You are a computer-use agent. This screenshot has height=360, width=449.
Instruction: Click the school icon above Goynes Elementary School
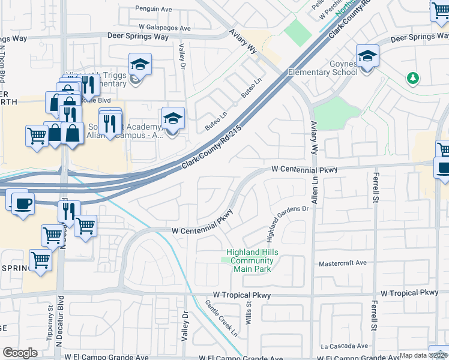(367, 57)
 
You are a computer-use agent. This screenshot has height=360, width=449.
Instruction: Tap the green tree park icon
(412, 78)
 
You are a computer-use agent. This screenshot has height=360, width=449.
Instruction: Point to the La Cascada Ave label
(344, 346)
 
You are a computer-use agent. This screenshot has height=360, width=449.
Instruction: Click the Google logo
(20, 353)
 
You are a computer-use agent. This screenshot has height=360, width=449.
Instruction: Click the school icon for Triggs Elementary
(140, 65)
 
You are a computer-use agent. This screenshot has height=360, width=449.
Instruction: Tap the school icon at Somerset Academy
(173, 119)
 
